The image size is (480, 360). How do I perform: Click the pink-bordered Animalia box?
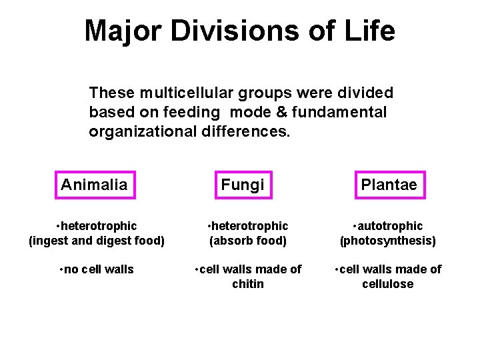[x=94, y=185]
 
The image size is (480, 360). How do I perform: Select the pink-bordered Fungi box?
[x=243, y=185]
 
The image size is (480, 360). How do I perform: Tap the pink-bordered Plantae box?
[x=389, y=185]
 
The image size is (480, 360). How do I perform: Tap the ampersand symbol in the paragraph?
[x=283, y=112]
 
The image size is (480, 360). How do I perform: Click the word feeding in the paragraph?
[x=195, y=112]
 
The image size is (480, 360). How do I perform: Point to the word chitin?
[x=247, y=284]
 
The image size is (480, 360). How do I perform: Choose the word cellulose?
[x=388, y=284]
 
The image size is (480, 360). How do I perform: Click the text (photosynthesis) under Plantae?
[x=388, y=241]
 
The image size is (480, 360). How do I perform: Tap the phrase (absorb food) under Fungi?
[x=248, y=241]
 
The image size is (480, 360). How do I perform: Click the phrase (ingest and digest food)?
[x=97, y=241]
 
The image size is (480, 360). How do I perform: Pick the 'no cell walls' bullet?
[x=97, y=269]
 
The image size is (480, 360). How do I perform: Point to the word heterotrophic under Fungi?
[x=250, y=227]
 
